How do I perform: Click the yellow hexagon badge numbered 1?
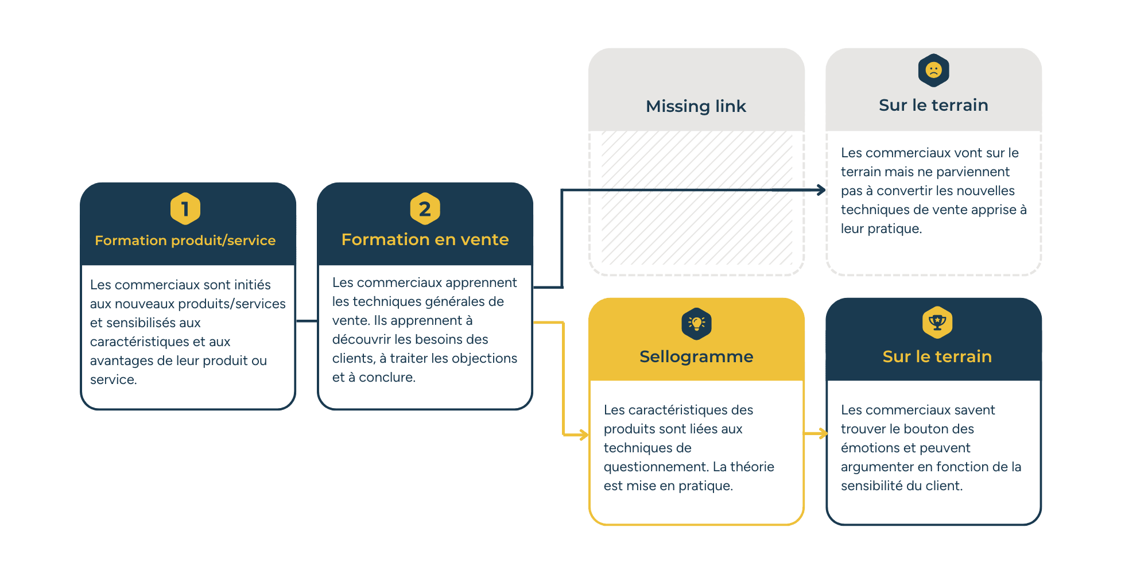point(185,208)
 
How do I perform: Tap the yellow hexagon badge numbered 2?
point(425,208)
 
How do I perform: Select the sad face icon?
point(933,71)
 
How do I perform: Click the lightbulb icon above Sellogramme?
point(696,324)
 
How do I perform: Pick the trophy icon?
point(937,323)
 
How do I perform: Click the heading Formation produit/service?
point(185,241)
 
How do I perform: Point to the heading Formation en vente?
point(425,239)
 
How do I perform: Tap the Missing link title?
point(696,106)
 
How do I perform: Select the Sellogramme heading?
point(696,356)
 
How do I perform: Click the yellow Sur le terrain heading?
point(937,356)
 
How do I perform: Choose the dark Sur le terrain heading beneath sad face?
point(933,105)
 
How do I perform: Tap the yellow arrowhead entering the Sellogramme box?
point(584,435)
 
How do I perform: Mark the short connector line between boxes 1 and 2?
point(307,321)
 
